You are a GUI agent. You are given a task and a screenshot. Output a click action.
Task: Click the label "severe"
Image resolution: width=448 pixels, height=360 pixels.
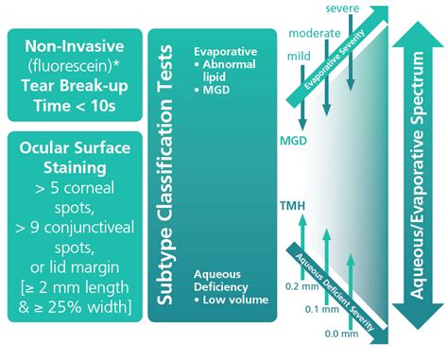tap(340, 9)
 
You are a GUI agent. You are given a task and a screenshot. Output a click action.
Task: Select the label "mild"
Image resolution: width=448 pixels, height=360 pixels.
tap(299, 56)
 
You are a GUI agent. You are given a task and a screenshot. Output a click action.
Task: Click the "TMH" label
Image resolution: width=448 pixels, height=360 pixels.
tap(293, 205)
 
